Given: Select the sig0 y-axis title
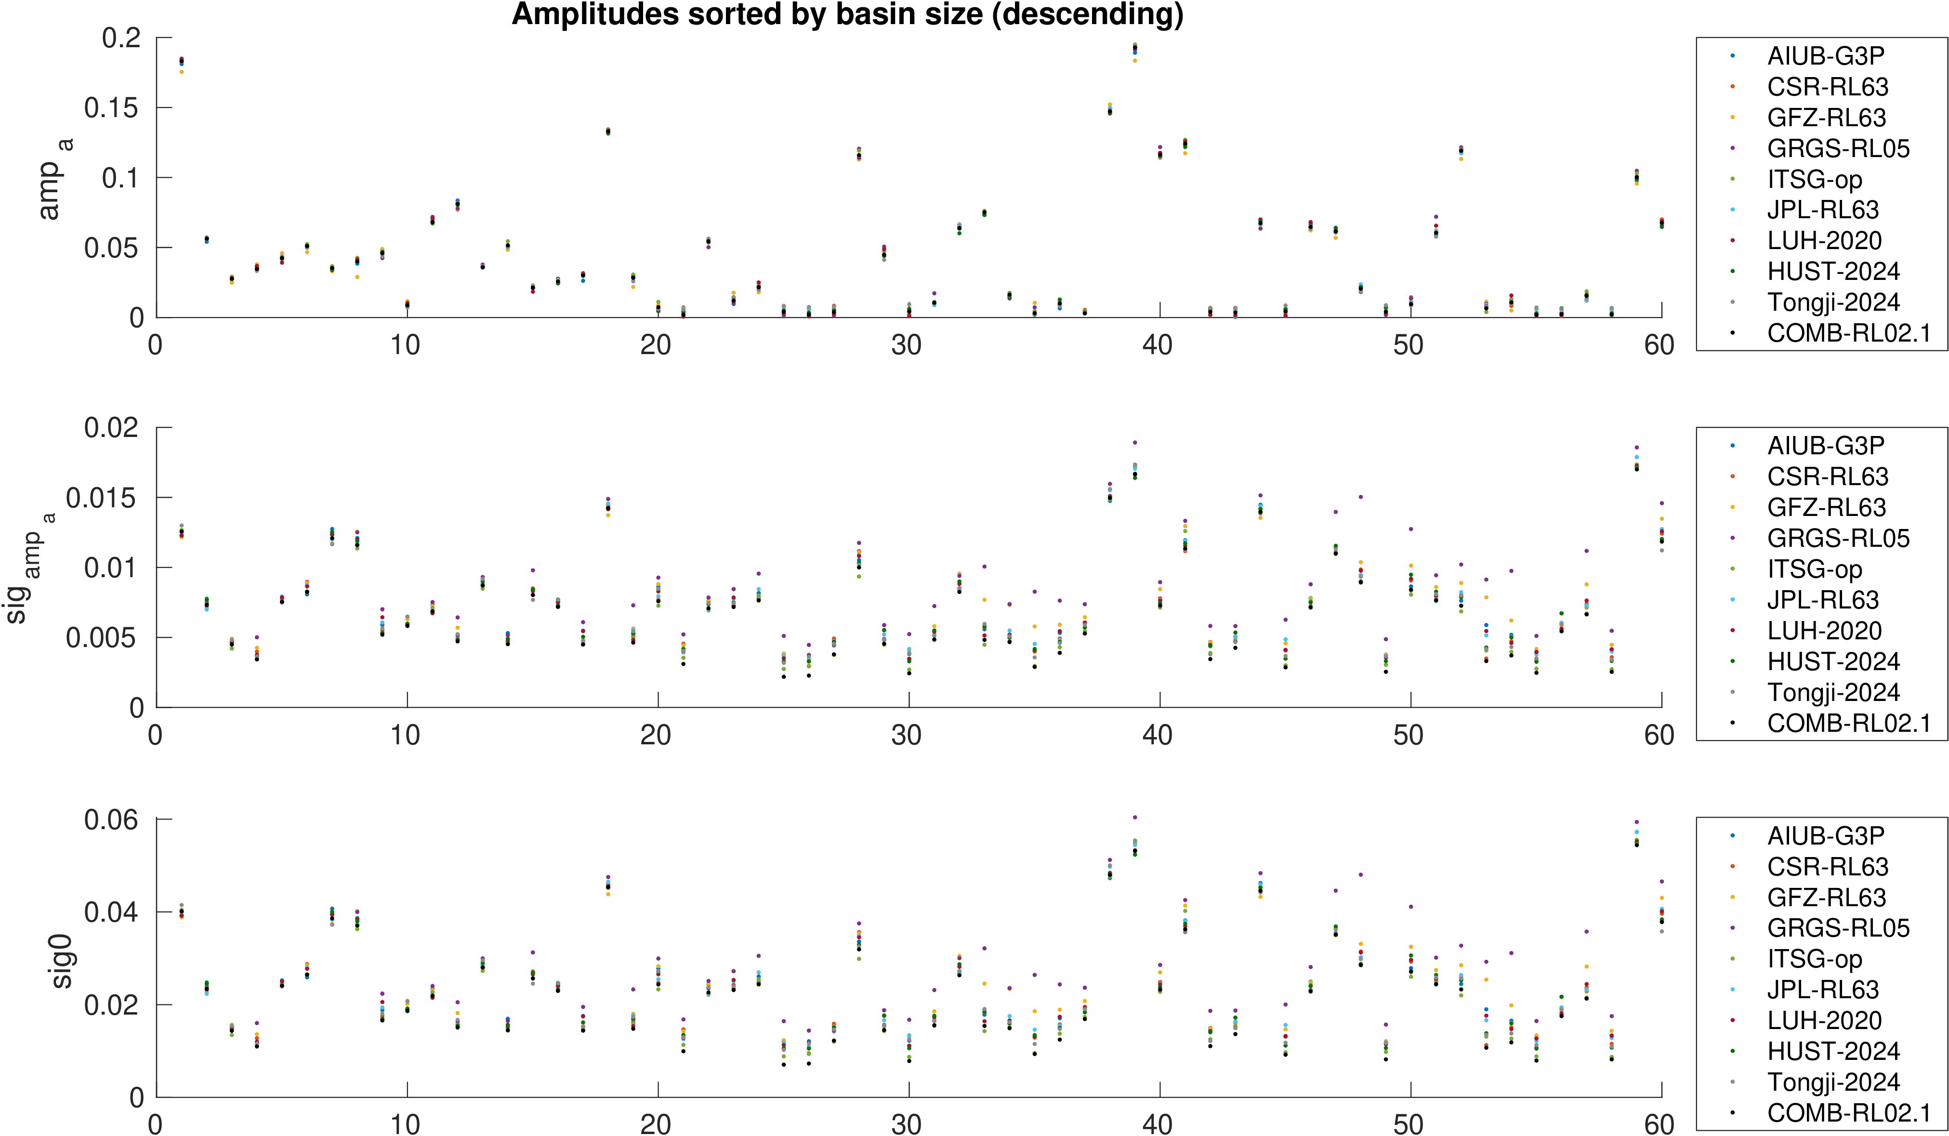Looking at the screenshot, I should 61,961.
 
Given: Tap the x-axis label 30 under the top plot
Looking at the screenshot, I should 907,345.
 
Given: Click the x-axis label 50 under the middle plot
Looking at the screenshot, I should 1409,735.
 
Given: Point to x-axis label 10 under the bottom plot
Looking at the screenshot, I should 405,1124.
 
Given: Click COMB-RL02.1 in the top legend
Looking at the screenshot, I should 1848,333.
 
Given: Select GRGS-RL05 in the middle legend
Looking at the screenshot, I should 1838,538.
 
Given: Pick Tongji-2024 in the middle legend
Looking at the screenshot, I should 1833,692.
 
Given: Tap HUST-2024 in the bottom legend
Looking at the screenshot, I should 1833,1051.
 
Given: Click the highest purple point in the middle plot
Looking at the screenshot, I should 1134,442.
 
